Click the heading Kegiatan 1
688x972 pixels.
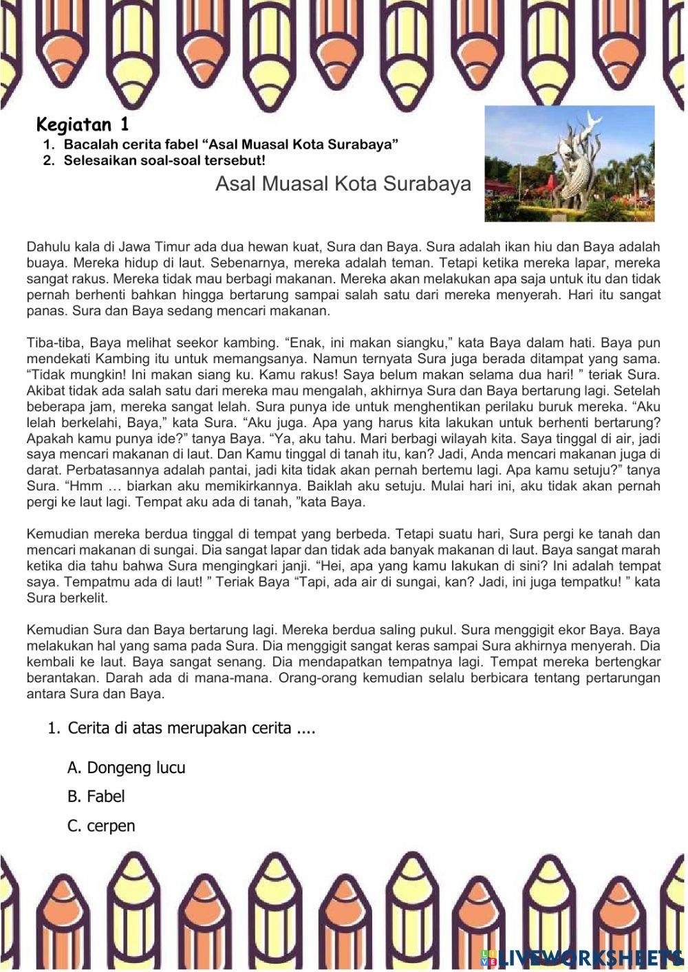83,125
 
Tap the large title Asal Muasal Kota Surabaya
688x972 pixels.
343,184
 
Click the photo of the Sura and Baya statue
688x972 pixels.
569,164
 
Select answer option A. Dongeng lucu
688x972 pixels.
127,768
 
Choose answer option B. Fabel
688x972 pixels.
96,797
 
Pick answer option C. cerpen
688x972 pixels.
101,826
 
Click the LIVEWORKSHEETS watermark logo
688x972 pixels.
582,957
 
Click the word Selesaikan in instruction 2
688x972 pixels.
100,161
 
